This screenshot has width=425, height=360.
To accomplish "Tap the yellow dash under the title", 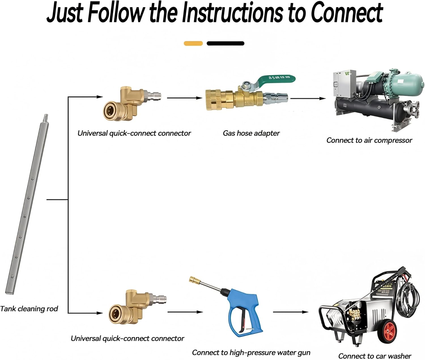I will coord(193,43).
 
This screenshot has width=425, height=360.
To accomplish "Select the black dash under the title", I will coord(225,43).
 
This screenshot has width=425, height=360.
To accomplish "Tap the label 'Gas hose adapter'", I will coord(251,133).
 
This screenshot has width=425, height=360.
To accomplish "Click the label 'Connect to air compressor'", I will coord(369,140).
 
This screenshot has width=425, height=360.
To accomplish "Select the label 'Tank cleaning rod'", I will coord(29,308).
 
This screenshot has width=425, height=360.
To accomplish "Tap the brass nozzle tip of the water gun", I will coord(195,280).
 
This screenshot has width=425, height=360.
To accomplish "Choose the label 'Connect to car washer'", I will coord(375,356).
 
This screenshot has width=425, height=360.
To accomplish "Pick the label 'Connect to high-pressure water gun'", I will coord(251,353).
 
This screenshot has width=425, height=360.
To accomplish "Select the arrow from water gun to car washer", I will coord(290,312).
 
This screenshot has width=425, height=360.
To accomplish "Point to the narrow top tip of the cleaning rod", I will coord(46,117).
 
